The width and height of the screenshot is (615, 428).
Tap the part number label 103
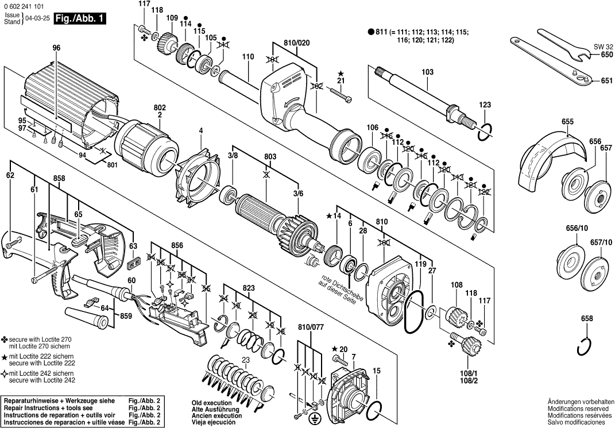(x=427, y=72)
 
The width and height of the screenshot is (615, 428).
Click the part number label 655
(x=567, y=122)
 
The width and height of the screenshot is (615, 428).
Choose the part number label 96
(x=56, y=48)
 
